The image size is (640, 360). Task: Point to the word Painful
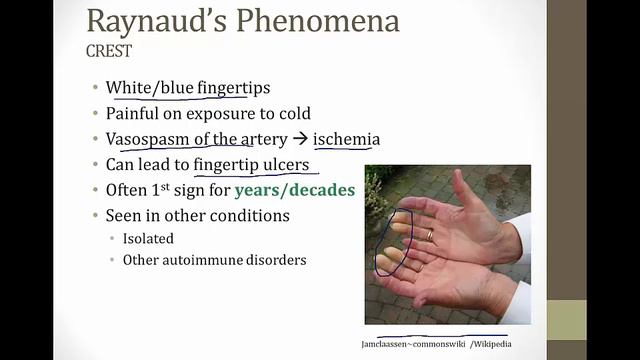click(135, 114)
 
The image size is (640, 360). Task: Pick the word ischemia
click(346, 139)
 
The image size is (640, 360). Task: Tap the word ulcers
click(282, 164)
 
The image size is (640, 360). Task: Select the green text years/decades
click(295, 189)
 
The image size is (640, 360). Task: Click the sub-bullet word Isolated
click(148, 238)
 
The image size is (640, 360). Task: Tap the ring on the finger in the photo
click(430, 235)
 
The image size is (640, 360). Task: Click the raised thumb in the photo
click(462, 190)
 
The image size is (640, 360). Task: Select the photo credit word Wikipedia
click(487, 344)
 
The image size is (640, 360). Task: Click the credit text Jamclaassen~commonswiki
click(407, 344)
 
